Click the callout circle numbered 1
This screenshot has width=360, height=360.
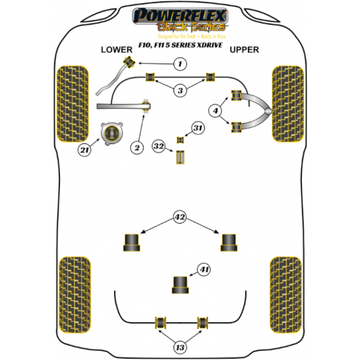tap(179, 64)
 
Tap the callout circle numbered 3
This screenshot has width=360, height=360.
tap(180, 90)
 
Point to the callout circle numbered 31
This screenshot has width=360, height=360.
tap(199, 127)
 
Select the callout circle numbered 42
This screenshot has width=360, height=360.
tap(179, 217)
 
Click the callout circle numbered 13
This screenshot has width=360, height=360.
tap(180, 348)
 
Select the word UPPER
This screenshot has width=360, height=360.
tap(244, 50)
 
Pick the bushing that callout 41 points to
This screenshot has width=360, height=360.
tap(180, 284)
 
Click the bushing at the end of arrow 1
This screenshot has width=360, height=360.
tap(129, 61)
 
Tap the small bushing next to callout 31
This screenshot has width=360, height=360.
tap(179, 140)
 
